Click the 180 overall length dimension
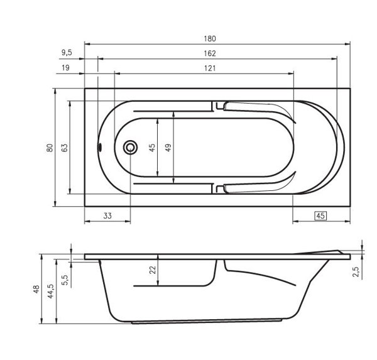[x=210, y=38]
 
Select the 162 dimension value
[x=210, y=53]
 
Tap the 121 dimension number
[x=210, y=68]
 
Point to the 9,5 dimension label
[x=67, y=53]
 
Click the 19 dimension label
[x=65, y=68]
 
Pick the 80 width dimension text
[x=50, y=148]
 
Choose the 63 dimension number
[x=65, y=148]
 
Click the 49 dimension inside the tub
[x=168, y=147]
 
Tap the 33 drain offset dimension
[x=107, y=215]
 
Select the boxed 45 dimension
[x=320, y=215]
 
